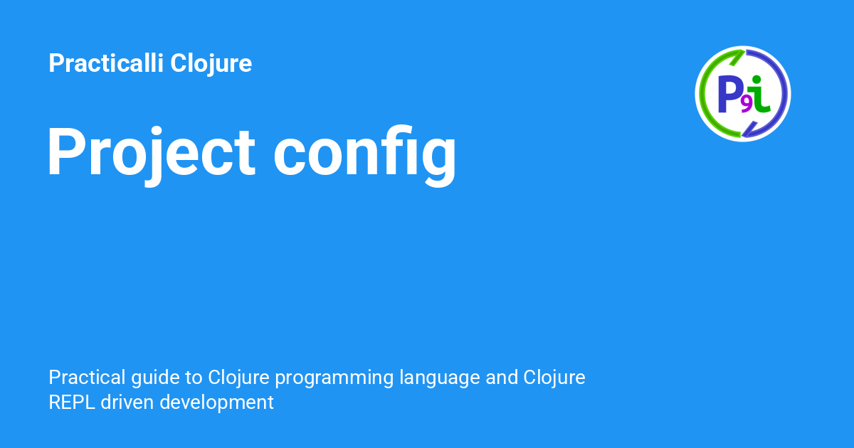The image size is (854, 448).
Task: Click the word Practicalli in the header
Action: [106, 64]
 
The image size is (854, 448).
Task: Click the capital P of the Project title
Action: [66, 151]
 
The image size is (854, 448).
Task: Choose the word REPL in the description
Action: [73, 402]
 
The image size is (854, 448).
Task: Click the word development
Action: [216, 403]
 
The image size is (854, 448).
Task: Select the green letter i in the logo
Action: [761, 95]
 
